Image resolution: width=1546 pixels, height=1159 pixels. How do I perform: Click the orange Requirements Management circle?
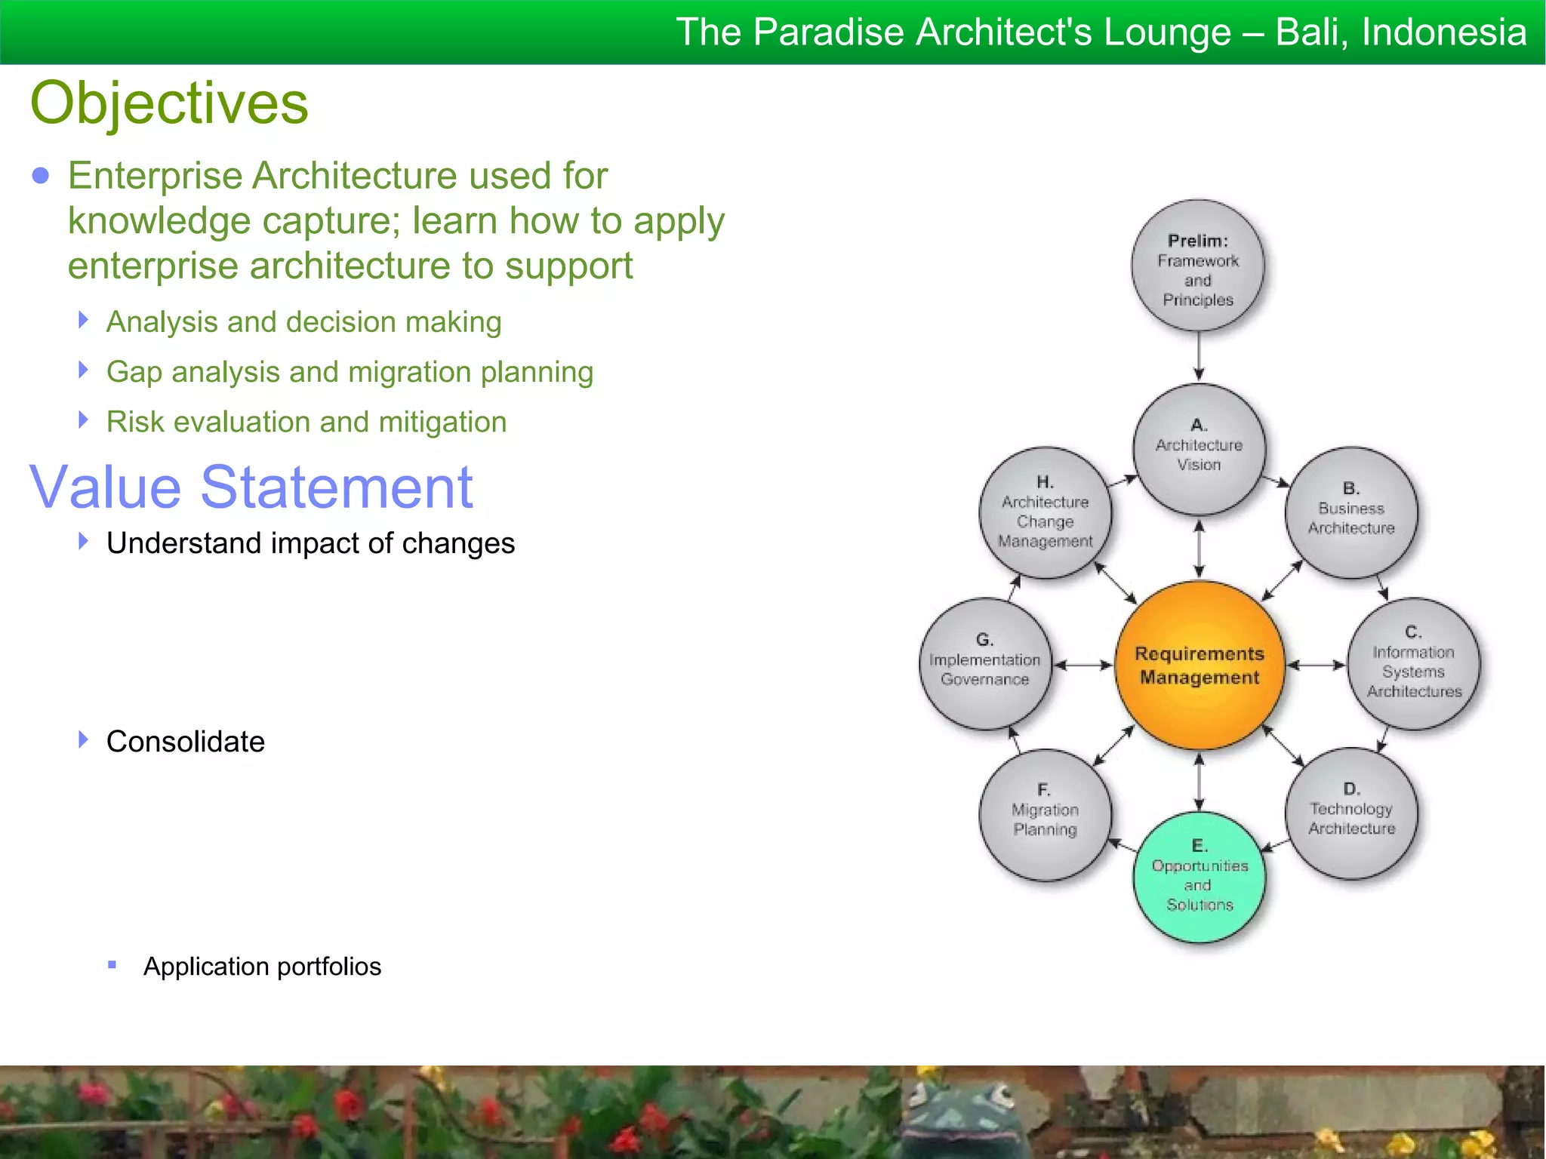1199,665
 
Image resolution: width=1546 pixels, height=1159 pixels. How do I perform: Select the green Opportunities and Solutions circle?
1199,877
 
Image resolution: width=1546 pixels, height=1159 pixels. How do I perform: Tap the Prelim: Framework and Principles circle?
1197,266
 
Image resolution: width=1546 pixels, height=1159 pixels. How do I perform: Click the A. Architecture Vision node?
1199,450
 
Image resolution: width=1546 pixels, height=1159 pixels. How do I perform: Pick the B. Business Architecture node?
1350,512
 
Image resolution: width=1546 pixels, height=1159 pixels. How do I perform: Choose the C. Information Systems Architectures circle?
1413,663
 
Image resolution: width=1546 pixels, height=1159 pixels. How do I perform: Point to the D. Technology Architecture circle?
1350,813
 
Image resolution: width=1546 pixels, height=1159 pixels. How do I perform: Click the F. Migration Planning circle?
1045,814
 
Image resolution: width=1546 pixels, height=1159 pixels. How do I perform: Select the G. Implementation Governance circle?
984,663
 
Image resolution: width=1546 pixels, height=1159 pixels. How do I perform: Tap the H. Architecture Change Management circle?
1045,512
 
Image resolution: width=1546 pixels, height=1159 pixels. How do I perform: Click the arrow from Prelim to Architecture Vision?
1198,356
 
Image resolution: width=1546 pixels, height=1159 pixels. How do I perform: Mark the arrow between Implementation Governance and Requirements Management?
1083,665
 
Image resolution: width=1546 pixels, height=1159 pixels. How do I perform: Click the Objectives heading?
169,103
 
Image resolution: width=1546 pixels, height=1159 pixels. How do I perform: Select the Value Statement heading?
251,487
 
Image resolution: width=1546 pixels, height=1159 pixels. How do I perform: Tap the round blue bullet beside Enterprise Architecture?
41,176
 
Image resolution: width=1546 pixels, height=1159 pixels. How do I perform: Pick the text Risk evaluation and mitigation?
306,422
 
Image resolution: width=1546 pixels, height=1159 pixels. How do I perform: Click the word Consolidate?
185,742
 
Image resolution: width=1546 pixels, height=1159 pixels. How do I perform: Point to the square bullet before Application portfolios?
112,964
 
